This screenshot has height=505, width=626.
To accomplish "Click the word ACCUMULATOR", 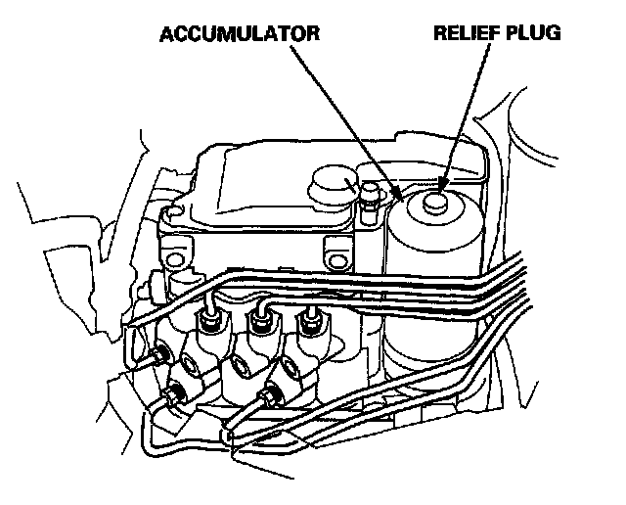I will (239, 34).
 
